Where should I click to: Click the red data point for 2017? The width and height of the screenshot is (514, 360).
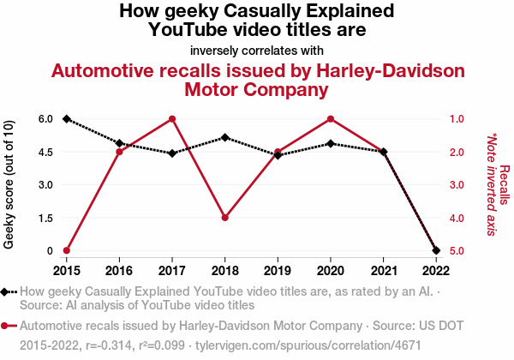tap(172, 119)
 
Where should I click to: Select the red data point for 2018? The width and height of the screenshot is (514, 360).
tap(224, 218)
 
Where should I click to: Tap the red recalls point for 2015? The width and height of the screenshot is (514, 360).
tap(67, 250)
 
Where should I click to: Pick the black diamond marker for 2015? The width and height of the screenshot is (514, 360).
tap(67, 119)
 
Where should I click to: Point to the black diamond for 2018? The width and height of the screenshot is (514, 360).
tap(224, 137)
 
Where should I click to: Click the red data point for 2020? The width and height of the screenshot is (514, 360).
tap(331, 119)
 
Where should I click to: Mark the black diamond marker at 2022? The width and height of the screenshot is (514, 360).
tap(436, 250)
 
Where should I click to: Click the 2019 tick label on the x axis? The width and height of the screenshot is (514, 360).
tap(278, 269)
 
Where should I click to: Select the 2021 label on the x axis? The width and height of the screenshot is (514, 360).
tap(383, 269)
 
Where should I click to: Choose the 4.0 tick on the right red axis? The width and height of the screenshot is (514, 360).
tap(457, 218)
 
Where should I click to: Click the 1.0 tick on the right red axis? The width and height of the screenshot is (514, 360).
tap(457, 119)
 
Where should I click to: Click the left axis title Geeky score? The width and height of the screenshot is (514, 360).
tap(9, 184)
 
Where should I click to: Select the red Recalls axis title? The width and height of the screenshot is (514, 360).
tap(505, 184)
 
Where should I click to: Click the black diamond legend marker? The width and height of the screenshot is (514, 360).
tap(6, 291)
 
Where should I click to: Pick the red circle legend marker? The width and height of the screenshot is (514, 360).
tap(6, 326)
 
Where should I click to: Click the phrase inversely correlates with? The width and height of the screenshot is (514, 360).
tap(257, 50)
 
